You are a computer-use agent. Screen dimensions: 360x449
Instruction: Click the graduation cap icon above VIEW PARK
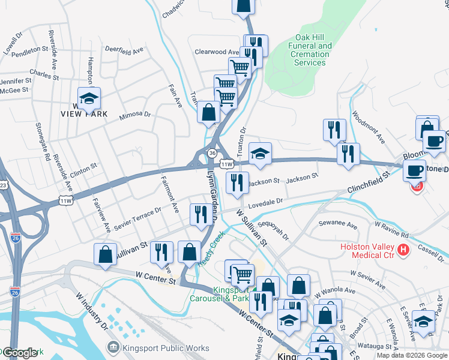pyautogui.click(x=89, y=98)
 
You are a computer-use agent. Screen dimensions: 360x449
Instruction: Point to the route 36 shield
pyautogui.click(x=212, y=154)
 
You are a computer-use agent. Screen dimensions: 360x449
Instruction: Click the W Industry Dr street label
pyautogui.click(x=92, y=310)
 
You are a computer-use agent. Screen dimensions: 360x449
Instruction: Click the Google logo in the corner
pyautogui.click(x=20, y=353)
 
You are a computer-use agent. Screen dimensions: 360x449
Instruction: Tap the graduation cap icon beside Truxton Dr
pyautogui.click(x=260, y=154)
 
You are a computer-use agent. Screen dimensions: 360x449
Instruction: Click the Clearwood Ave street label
pyautogui.click(x=217, y=52)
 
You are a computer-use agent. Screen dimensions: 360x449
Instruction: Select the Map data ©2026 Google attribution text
pyautogui.click(x=411, y=355)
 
